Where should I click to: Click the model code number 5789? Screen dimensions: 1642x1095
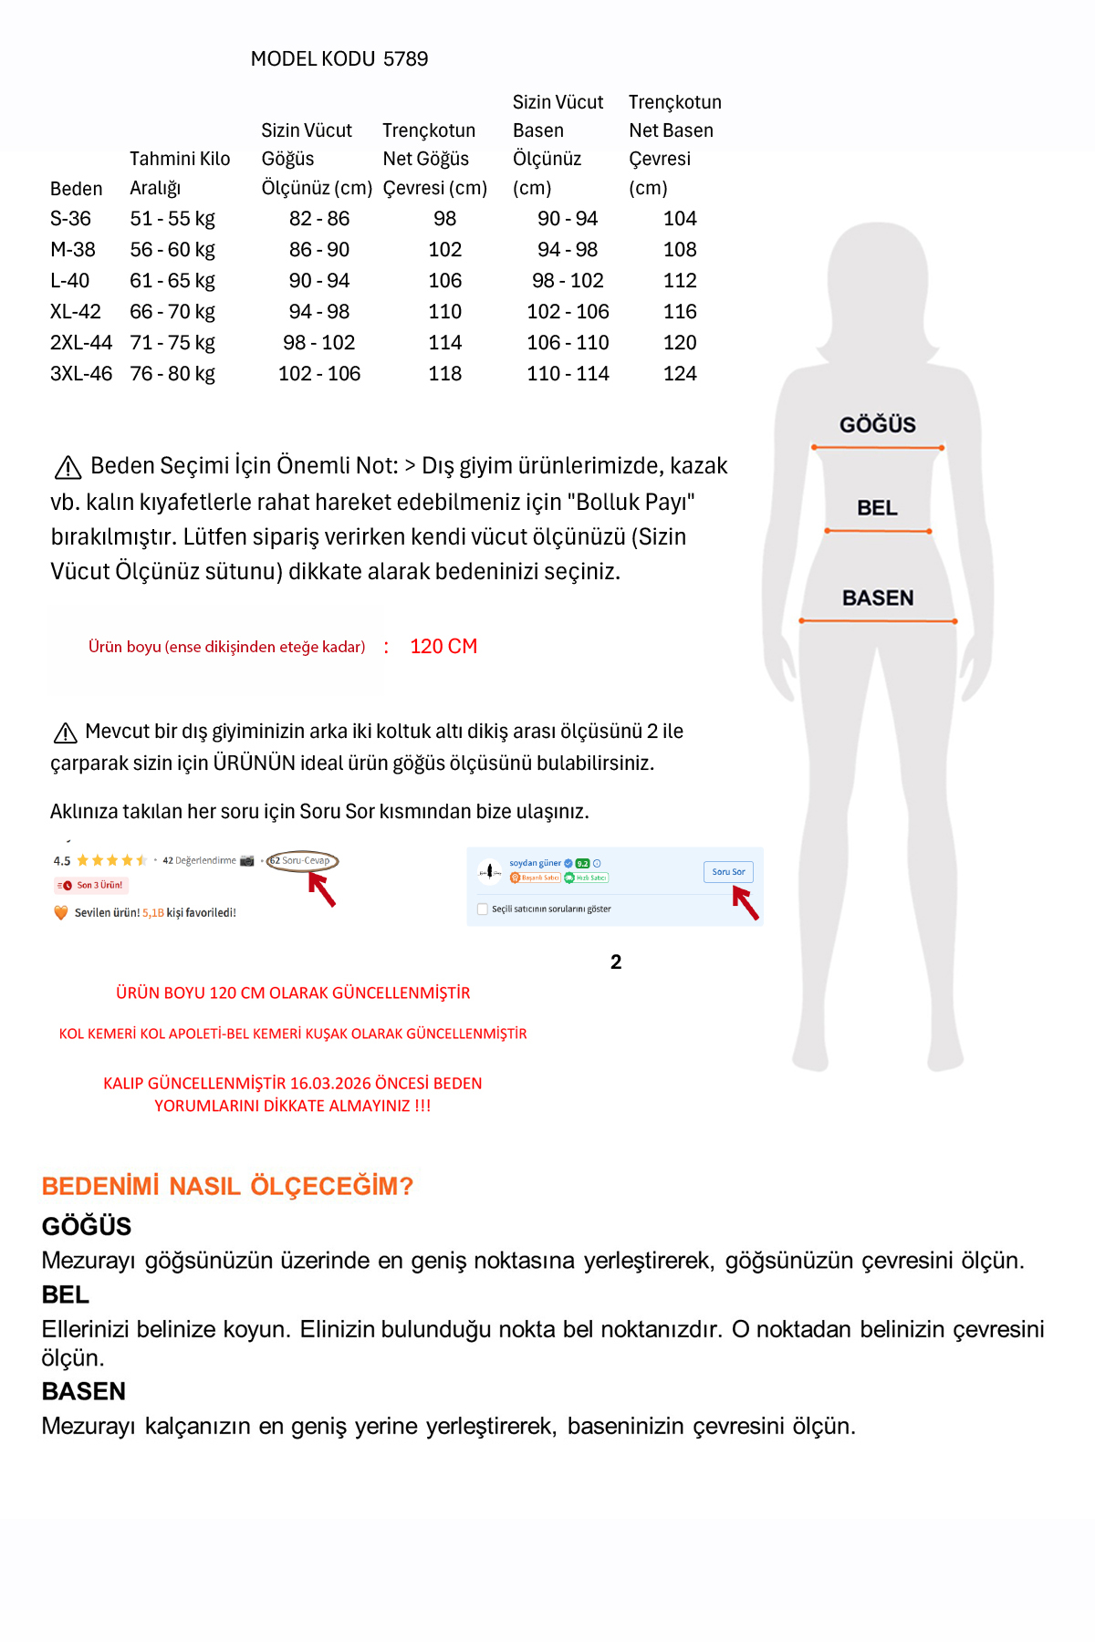pos(406,59)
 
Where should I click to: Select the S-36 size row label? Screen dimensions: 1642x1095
pos(70,219)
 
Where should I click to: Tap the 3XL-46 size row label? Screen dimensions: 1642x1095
pos(81,374)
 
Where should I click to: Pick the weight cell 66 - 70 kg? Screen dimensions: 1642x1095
pos(172,312)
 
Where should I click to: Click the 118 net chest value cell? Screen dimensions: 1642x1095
pos(445,374)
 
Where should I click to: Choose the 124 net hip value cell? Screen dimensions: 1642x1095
pos(680,374)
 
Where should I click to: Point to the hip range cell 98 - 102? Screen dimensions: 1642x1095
pos(568,281)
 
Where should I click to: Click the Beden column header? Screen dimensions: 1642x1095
pos(76,189)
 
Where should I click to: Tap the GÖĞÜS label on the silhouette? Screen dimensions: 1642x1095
pos(877,425)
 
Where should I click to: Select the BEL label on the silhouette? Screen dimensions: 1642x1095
pos(877,508)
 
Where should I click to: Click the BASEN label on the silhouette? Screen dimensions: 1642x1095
pos(878,598)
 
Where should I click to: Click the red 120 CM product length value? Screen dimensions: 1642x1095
pos(443,647)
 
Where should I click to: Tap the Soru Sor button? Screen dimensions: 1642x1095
pos(728,872)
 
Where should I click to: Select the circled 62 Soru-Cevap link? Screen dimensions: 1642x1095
pos(302,860)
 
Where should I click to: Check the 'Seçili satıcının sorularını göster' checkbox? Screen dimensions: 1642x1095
pos(483,909)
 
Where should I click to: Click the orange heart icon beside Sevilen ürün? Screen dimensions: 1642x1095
pos(61,912)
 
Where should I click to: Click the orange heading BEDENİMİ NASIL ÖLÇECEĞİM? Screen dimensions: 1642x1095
pos(227,1186)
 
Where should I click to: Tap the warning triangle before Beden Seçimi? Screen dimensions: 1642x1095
pos(68,468)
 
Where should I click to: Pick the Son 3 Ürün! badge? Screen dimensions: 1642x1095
pos(91,885)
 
